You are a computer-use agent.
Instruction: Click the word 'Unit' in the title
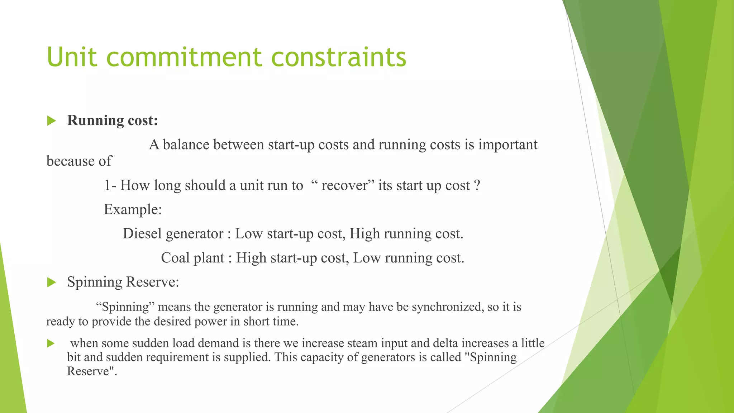[x=72, y=57]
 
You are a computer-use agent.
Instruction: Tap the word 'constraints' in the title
[x=339, y=57]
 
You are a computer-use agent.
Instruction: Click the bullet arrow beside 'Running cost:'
[x=52, y=121]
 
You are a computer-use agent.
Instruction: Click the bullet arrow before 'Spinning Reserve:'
[x=52, y=283]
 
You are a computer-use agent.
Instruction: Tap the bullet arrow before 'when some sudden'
[x=51, y=343]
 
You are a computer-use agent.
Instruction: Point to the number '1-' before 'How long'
[x=110, y=186]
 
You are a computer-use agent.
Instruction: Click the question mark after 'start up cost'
[x=477, y=186]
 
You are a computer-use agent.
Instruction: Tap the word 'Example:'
[x=133, y=209]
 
